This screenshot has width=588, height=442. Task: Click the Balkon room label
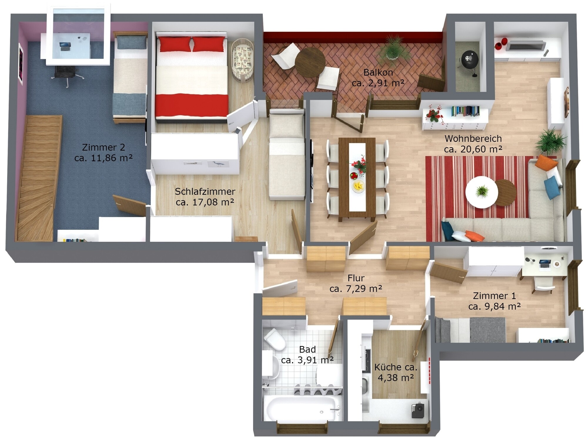(378, 72)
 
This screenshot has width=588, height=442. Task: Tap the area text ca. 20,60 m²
(473, 149)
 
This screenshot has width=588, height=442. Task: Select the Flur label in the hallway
(356, 278)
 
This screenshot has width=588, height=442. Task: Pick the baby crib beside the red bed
(242, 60)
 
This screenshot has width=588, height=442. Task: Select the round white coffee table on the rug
(482, 192)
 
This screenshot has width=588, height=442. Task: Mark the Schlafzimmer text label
(205, 192)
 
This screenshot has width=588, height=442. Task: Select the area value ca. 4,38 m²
(396, 377)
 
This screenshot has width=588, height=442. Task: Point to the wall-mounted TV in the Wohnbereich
(526, 46)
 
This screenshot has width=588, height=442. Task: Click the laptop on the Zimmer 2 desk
(65, 46)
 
